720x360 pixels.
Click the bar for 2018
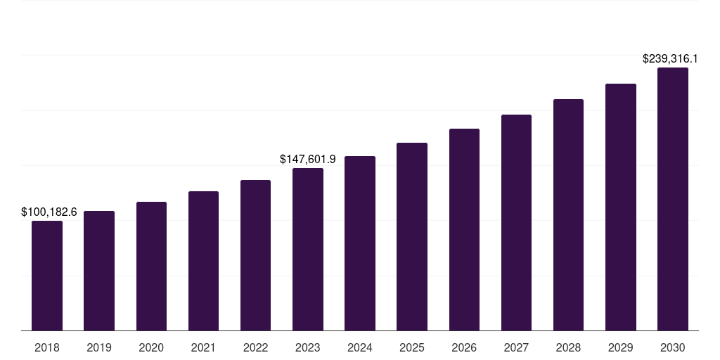pyautogui.click(x=47, y=276)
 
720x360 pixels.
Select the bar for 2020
pyautogui.click(x=151, y=266)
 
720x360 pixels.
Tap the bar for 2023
pyautogui.click(x=308, y=249)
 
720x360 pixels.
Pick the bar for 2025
pyautogui.click(x=412, y=236)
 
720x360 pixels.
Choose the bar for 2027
pyautogui.click(x=516, y=222)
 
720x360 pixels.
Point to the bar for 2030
pyautogui.click(x=673, y=199)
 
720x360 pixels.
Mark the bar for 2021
pyautogui.click(x=203, y=261)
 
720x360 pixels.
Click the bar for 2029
pyautogui.click(x=621, y=207)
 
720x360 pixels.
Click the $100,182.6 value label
pyautogui.click(x=49, y=212)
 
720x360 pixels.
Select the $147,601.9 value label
pyautogui.click(x=308, y=160)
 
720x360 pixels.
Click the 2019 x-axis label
pyautogui.click(x=99, y=347)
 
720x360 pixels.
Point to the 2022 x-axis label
pyautogui.click(x=256, y=347)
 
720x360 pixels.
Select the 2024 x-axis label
pyautogui.click(x=360, y=347)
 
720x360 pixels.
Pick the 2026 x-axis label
pyautogui.click(x=464, y=347)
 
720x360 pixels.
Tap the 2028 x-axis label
pyautogui.click(x=568, y=347)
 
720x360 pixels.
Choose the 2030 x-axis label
pyautogui.click(x=673, y=347)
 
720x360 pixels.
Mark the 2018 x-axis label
pyautogui.click(x=47, y=347)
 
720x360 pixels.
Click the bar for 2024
pyautogui.click(x=360, y=243)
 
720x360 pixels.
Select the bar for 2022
pyautogui.click(x=256, y=255)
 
